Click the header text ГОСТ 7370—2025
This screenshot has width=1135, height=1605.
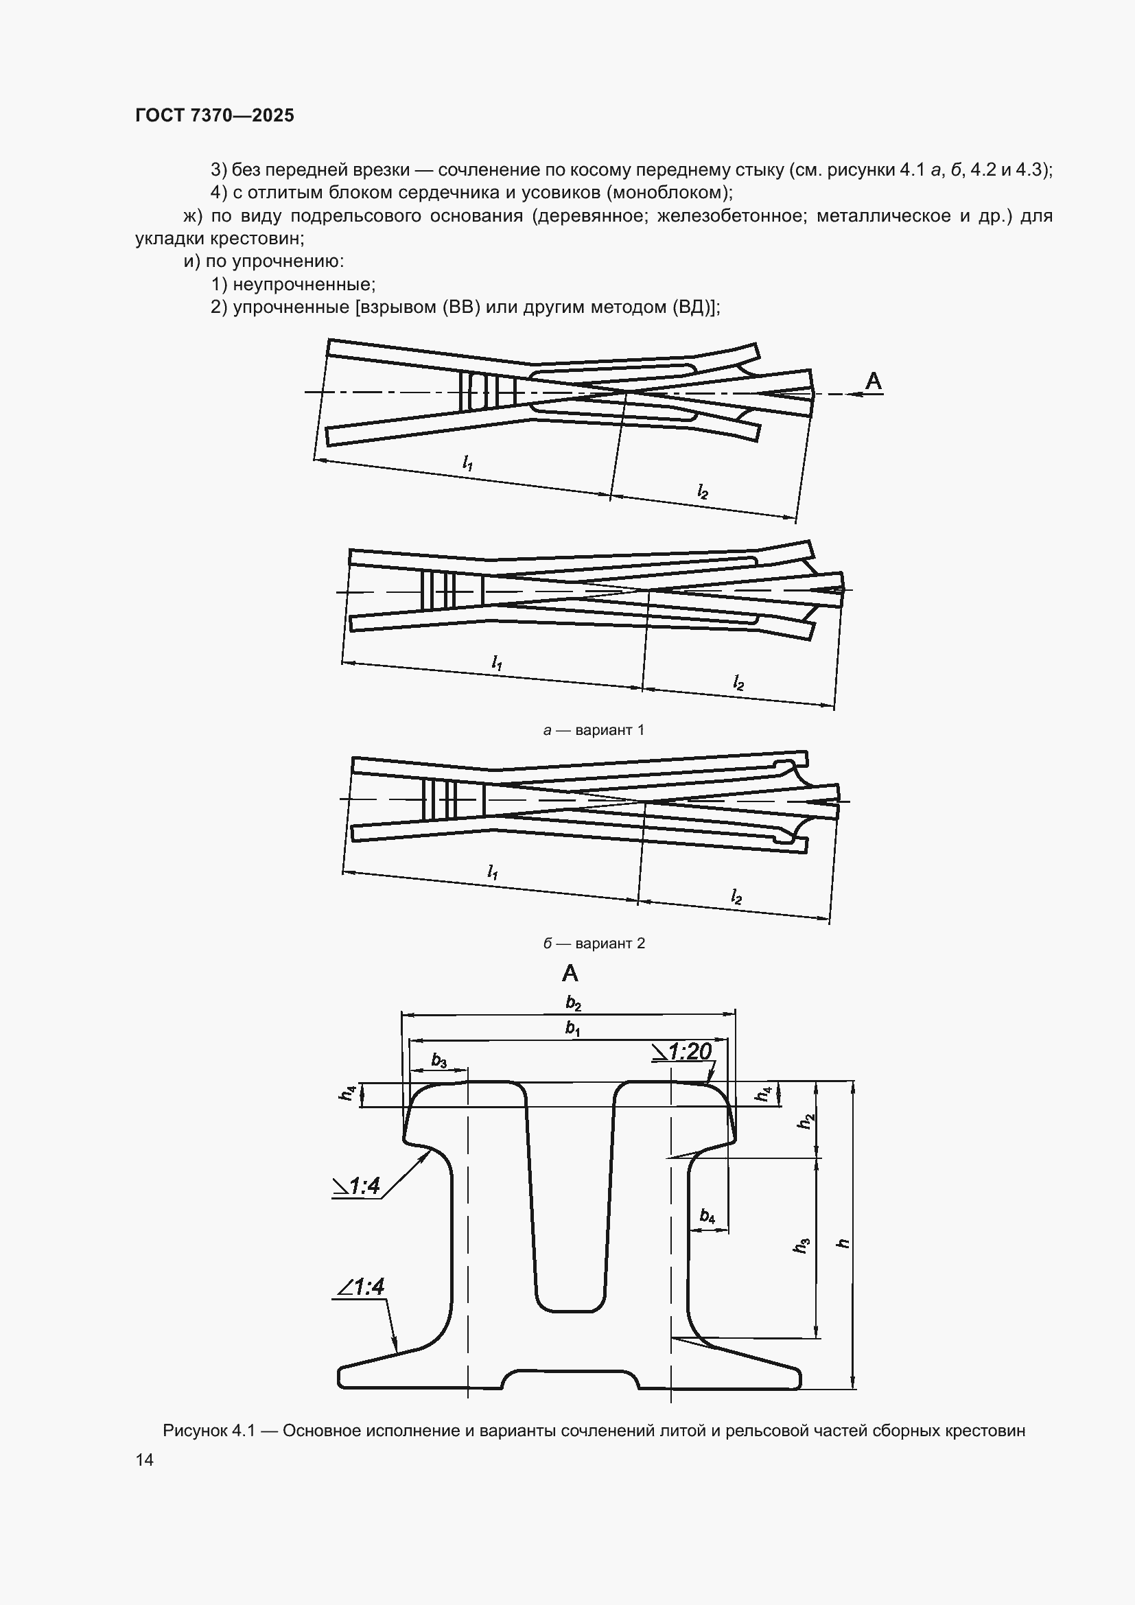215,115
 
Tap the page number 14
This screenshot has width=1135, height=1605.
145,1460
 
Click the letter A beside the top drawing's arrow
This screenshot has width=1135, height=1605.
874,382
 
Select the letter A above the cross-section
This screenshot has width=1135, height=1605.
570,973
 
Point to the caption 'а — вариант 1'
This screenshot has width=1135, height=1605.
594,730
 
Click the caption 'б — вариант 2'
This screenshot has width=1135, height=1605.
594,943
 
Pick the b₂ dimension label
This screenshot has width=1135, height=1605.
573,1004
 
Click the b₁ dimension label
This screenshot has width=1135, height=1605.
572,1029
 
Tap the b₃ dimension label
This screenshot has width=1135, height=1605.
439,1060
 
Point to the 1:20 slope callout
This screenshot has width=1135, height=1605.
681,1051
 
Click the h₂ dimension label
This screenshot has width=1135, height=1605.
806,1120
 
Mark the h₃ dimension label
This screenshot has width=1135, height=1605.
801,1245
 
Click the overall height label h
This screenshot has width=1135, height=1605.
844,1243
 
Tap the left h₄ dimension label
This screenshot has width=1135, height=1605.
347,1092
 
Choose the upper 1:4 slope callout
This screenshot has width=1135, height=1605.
356,1186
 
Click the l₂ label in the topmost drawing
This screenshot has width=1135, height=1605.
703,491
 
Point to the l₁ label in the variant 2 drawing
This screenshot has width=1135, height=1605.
493,871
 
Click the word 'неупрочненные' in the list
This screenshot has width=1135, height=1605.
304,285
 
